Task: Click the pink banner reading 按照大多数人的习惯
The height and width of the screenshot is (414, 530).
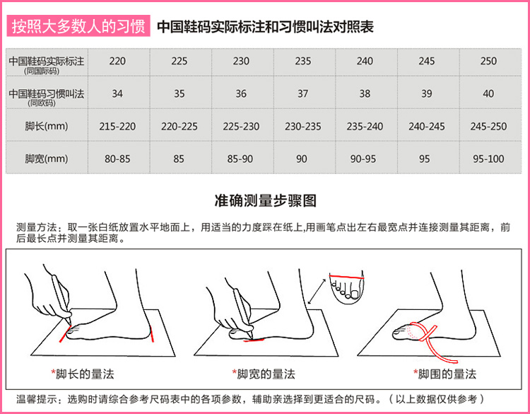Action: point(78,26)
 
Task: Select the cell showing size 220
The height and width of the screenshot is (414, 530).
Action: point(117,62)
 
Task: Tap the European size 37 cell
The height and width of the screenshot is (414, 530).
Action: point(303,93)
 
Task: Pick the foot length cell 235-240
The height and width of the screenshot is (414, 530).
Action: point(365,126)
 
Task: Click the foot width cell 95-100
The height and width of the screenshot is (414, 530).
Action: point(488,159)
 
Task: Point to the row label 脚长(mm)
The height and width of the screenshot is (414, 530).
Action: point(47,126)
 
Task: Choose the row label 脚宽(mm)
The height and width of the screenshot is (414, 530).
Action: point(47,159)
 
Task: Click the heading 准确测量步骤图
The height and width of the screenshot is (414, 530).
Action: point(265,200)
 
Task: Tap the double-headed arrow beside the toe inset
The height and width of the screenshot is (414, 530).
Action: point(317,291)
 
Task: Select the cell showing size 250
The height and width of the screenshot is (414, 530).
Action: point(488,62)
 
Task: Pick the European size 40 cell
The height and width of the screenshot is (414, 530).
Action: point(488,93)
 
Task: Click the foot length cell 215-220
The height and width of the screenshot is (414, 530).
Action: point(117,126)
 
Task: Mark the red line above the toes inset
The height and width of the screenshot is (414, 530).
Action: point(347,277)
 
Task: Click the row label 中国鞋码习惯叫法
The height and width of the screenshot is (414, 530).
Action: point(47,93)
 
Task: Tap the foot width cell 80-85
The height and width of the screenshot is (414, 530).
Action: point(117,159)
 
